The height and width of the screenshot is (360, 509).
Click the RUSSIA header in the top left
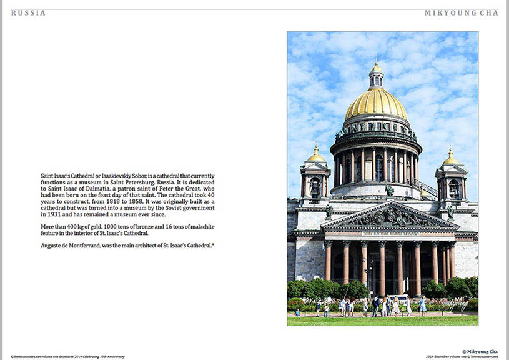(x=28, y=12)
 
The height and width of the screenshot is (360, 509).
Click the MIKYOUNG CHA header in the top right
(x=461, y=12)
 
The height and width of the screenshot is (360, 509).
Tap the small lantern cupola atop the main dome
(x=376, y=75)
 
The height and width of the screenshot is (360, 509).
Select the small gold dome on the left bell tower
(x=316, y=155)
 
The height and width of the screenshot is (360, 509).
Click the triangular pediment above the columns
(x=389, y=217)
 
